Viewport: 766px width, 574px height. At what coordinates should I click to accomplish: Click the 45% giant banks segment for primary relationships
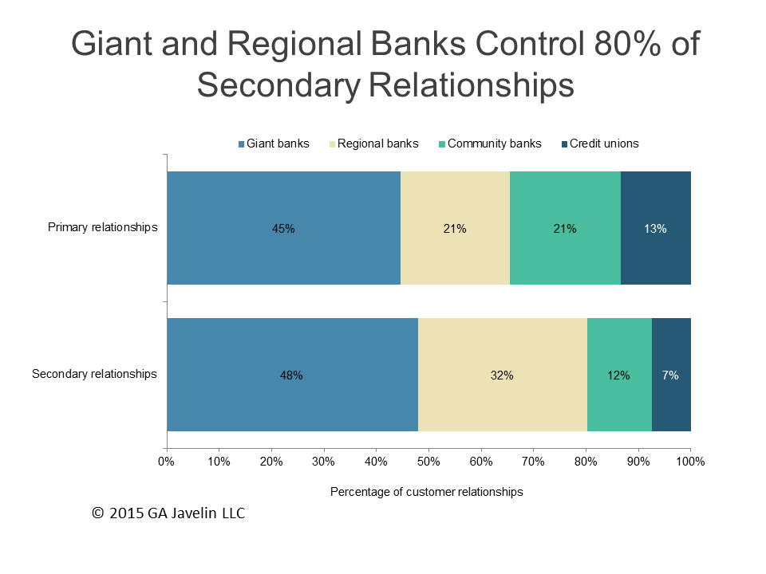click(x=284, y=228)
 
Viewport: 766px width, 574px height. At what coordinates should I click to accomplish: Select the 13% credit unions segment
click(x=656, y=228)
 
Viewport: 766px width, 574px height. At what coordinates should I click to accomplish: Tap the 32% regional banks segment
click(x=503, y=375)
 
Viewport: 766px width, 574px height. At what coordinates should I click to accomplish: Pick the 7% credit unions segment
click(x=671, y=375)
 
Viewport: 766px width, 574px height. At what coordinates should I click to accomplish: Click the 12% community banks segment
click(x=619, y=375)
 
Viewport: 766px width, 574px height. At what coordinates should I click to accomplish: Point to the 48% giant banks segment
click(x=293, y=375)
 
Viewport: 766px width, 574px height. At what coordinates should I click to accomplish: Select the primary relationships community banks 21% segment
click(x=565, y=228)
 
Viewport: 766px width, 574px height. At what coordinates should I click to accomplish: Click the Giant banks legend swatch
click(x=241, y=144)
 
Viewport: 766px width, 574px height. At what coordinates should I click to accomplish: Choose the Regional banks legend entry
click(x=374, y=143)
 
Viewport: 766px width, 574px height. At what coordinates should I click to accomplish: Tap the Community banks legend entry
click(x=491, y=143)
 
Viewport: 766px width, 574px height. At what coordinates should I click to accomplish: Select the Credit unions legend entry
click(x=600, y=143)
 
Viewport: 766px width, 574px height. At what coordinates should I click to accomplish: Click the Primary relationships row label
click(x=103, y=227)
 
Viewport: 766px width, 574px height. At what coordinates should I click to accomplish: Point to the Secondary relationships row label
click(x=95, y=374)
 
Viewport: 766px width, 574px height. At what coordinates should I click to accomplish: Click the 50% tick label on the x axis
click(x=428, y=462)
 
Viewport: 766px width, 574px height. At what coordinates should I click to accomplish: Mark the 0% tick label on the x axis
click(x=167, y=462)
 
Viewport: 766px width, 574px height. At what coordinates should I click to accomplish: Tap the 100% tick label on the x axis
click(x=690, y=462)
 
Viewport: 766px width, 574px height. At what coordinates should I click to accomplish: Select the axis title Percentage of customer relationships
click(x=426, y=492)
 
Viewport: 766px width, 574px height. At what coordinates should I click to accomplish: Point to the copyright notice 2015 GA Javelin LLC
click(x=168, y=513)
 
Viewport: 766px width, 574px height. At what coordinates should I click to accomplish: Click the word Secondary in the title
click(x=278, y=85)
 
